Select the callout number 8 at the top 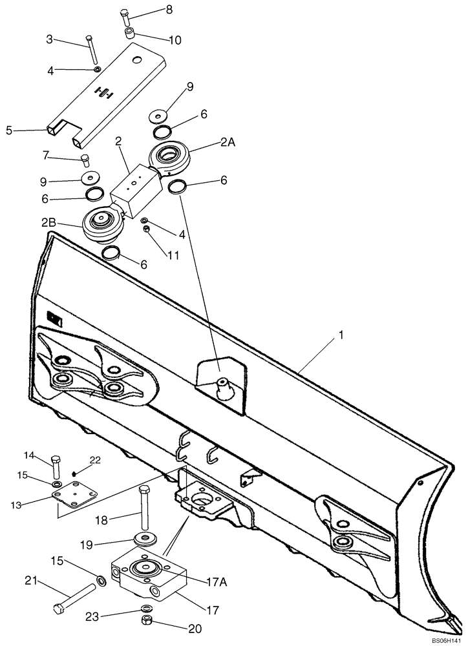(169, 9)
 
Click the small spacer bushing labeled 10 (129, 32)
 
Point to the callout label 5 (9, 130)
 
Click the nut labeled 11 (147, 229)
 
